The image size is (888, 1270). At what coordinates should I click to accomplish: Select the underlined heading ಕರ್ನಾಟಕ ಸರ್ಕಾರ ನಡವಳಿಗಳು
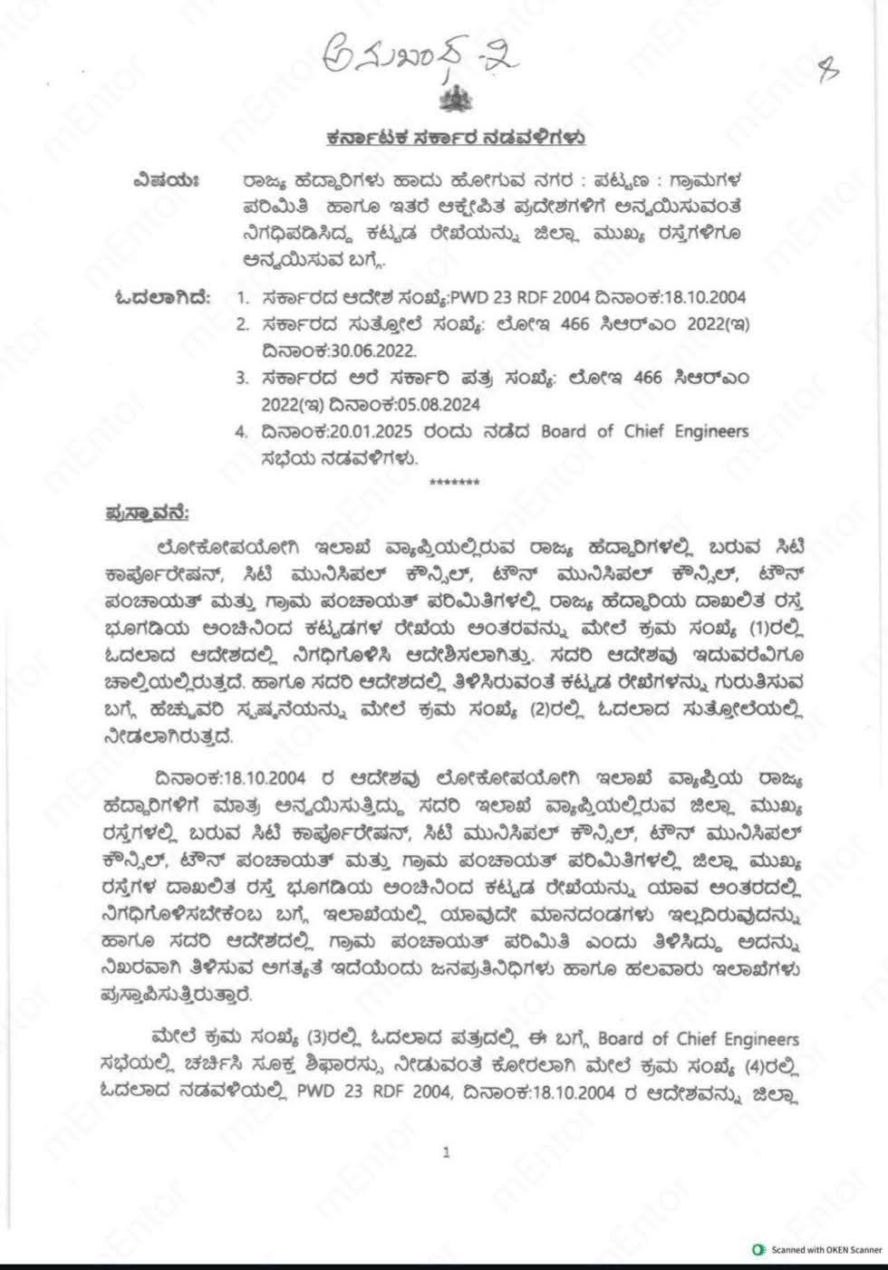pos(455,140)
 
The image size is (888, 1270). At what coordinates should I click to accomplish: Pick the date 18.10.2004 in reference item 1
pos(706,297)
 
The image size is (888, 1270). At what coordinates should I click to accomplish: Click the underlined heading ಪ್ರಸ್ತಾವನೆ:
pos(145,514)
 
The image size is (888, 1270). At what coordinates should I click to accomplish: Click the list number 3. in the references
pos(242,377)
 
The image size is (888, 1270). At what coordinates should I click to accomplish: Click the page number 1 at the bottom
pos(447,1152)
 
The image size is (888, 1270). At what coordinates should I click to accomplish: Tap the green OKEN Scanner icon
pos(758,1250)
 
